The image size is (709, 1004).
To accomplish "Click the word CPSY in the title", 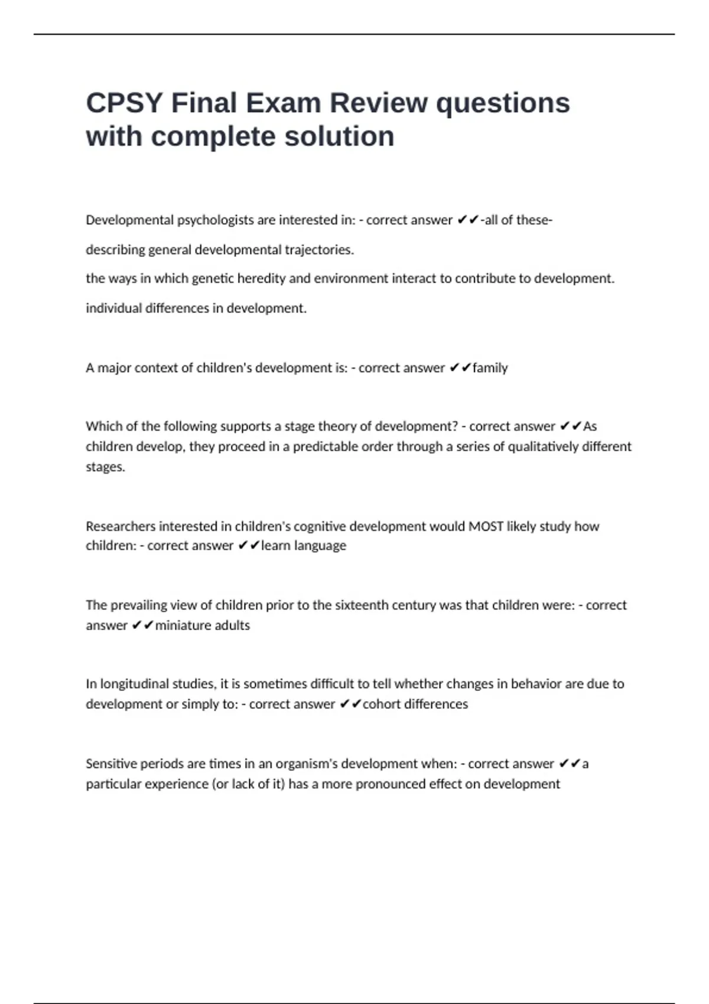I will [x=123, y=103].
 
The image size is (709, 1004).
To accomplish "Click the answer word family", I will [x=490, y=368].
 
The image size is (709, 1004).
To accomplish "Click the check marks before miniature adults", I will [x=142, y=625].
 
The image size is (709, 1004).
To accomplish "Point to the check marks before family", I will [x=460, y=368].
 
